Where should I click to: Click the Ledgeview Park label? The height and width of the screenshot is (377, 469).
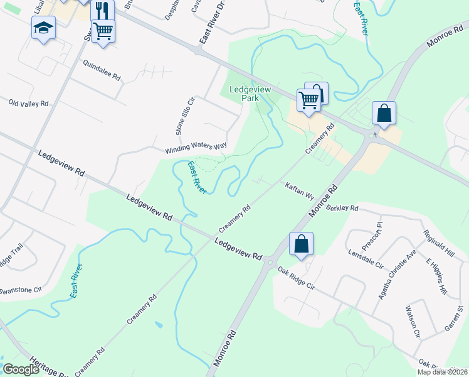[x=250, y=94]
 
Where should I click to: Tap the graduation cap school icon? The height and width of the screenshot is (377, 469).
[x=43, y=28]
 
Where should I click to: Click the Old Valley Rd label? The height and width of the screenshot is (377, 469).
[x=28, y=102]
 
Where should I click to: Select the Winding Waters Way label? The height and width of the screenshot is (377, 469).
[x=196, y=148]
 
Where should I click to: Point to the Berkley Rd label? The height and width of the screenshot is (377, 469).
[x=341, y=208]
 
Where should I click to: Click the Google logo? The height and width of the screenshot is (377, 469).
[x=21, y=369]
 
